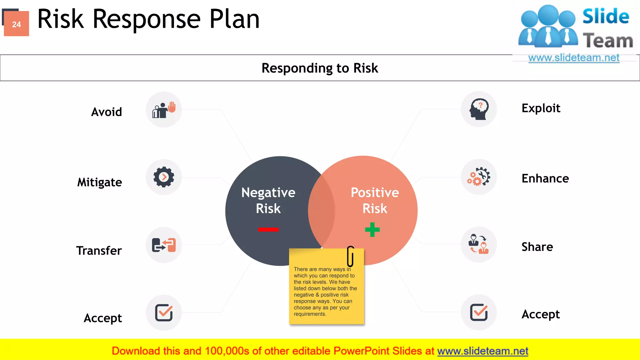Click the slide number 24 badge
[x=17, y=24]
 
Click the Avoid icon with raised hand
[x=164, y=110]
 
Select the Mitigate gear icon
[x=164, y=177]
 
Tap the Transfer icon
[x=164, y=245]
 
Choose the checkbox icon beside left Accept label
[x=164, y=312]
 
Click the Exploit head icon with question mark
[x=479, y=109]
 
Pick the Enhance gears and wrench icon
[x=479, y=177]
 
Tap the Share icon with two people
[x=479, y=244]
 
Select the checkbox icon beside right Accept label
[x=479, y=312]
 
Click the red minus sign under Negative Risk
[x=268, y=230]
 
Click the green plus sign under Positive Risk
[x=372, y=230]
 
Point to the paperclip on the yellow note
[x=351, y=256]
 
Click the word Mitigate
[x=99, y=182]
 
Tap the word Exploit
[x=541, y=108]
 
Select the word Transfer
[x=99, y=251]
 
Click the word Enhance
[x=545, y=178]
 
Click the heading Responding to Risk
[x=320, y=68]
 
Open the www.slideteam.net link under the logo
[x=574, y=58]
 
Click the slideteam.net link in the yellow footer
[x=482, y=351]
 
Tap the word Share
[x=537, y=247]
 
